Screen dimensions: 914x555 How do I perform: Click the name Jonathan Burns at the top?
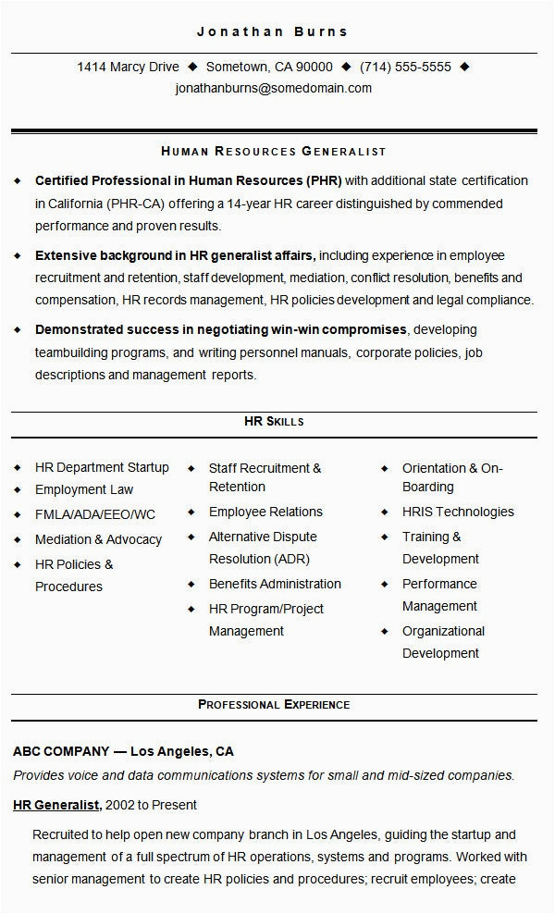pos(273,31)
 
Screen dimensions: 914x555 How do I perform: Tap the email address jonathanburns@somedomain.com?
pos(273,89)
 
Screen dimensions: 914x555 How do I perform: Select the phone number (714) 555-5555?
pos(405,67)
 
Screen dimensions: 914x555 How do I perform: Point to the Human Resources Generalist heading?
pos(273,151)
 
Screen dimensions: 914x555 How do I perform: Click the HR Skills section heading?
pos(274,422)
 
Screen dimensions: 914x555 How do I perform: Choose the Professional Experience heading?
pos(274,705)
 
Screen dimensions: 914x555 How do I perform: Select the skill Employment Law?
pos(84,489)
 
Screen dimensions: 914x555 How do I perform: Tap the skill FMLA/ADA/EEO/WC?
pos(95,514)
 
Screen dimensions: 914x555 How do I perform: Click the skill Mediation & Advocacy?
pos(98,539)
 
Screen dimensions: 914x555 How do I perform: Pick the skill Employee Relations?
pos(265,512)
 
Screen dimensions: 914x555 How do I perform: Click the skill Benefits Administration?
pos(275,584)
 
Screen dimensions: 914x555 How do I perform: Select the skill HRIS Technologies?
pos(458,512)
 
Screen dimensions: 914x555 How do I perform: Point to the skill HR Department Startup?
pos(102,467)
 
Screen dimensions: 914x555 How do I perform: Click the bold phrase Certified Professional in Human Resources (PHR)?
pos(188,180)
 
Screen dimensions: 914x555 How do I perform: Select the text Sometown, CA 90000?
pos(269,67)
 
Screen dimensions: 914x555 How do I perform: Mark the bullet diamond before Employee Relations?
pos(191,512)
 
